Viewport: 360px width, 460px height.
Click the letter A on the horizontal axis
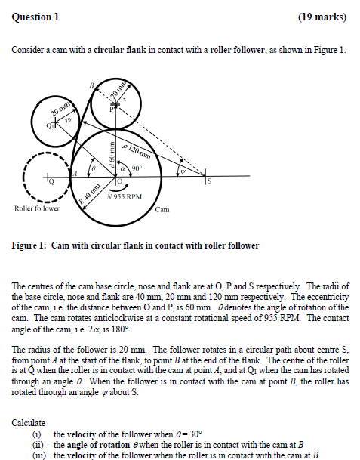pyautogui.click(x=74, y=173)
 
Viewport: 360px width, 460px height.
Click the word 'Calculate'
pyautogui.click(x=28, y=422)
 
